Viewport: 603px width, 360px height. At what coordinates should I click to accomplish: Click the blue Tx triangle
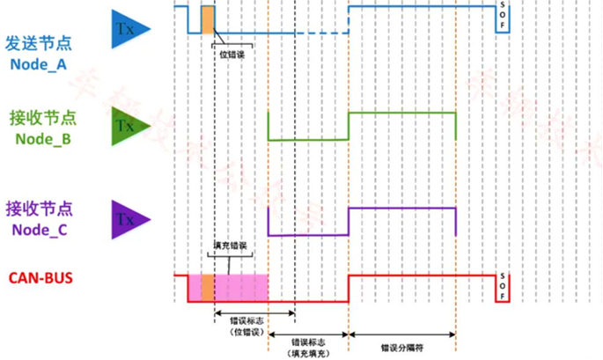128,28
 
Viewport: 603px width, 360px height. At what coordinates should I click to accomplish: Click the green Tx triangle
128,126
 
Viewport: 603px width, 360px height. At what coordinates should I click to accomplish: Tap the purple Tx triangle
128,219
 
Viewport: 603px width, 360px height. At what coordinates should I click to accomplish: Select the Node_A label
39,64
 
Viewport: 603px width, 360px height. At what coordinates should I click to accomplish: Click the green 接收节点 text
39,118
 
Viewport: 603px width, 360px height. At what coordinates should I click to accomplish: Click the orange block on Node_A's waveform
208,19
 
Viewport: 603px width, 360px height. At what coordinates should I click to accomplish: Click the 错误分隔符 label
401,347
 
